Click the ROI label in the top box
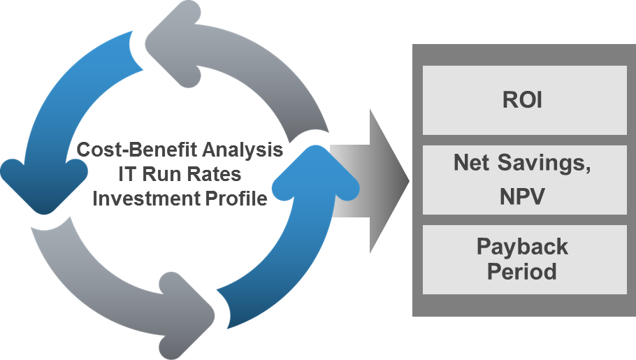522,100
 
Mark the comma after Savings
588,168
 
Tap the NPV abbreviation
522,196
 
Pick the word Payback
522,247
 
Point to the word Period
522,271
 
